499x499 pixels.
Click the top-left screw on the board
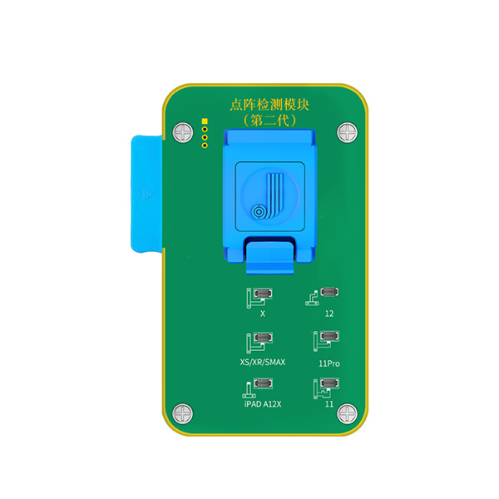183,132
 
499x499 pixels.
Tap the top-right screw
347,132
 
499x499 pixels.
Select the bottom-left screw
183,413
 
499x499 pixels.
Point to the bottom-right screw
347,413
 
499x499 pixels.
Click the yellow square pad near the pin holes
205,121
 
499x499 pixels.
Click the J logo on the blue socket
267,196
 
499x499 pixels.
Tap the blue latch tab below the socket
269,257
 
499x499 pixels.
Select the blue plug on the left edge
146,194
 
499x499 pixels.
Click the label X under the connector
263,314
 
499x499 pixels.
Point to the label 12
329,314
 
